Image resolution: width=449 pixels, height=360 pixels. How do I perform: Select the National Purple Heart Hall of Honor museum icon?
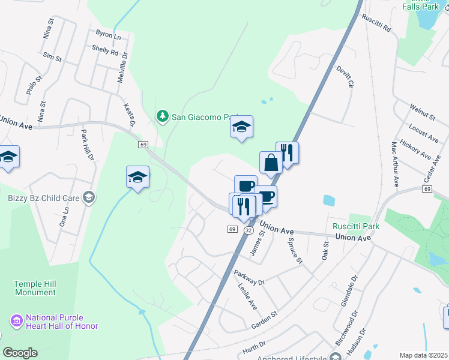click(x=16, y=322)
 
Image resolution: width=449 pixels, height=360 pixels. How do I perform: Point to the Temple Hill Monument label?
click(x=36, y=288)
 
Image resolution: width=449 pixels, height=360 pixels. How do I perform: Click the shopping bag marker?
click(x=271, y=161)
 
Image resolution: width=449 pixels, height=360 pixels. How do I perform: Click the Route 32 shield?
click(x=248, y=230)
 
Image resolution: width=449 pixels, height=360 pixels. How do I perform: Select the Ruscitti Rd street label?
click(x=376, y=23)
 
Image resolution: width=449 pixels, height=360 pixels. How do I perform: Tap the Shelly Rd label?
click(x=105, y=51)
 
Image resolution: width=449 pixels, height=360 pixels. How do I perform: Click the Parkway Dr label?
click(x=249, y=277)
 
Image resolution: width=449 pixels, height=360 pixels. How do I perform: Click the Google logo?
click(x=20, y=353)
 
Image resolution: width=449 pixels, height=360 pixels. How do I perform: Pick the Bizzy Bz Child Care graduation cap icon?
click(x=89, y=197)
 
